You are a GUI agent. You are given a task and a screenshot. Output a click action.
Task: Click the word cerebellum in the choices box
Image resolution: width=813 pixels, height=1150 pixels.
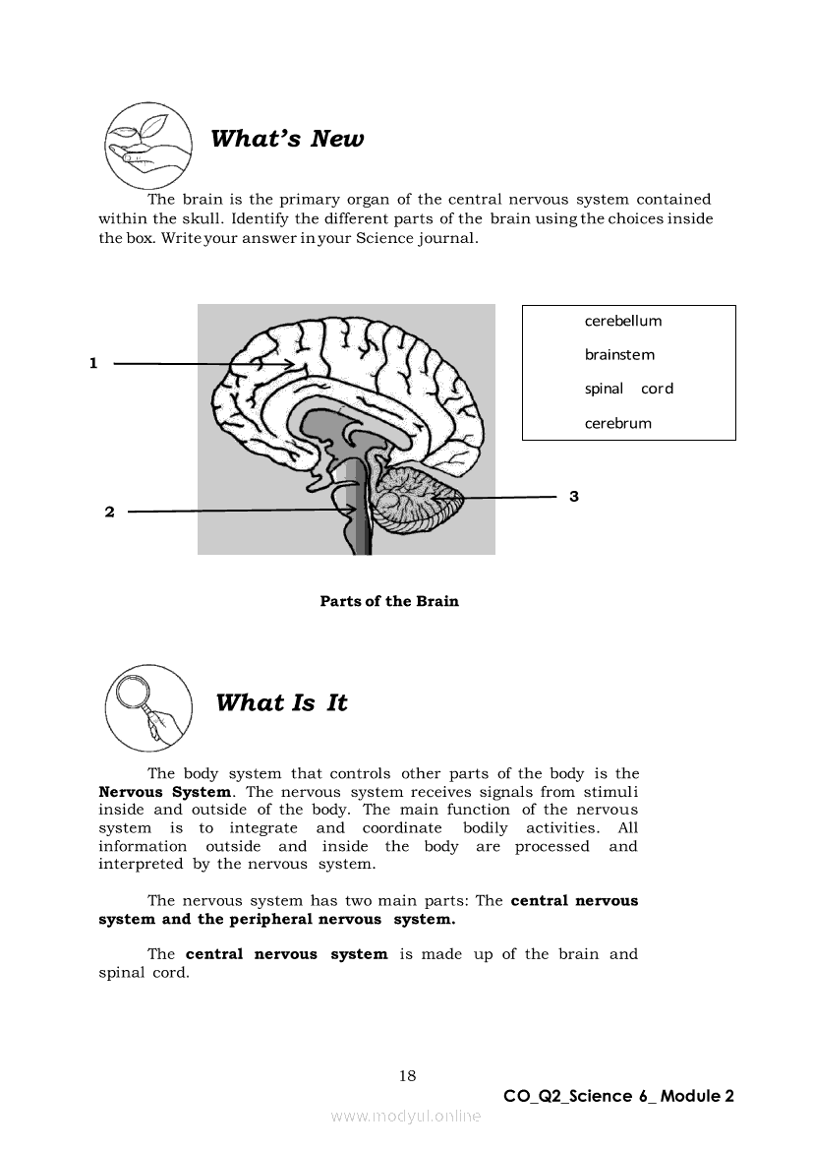point(623,321)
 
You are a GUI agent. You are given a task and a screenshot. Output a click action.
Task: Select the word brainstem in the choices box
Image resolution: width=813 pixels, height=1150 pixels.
point(619,355)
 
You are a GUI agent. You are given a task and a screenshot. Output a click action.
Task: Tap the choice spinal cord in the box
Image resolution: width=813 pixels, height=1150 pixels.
point(629,389)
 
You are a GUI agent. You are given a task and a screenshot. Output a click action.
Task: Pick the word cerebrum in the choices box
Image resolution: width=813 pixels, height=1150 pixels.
point(618,424)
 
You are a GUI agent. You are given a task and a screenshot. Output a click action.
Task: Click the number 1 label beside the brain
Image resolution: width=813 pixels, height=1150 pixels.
point(93,363)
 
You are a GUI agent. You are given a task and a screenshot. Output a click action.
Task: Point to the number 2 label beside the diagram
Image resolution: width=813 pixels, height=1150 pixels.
point(109,512)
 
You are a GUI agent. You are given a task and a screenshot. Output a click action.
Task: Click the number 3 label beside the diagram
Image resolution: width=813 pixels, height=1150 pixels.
point(574,497)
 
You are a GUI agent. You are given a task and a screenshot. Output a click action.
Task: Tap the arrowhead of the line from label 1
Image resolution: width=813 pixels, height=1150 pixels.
point(291,364)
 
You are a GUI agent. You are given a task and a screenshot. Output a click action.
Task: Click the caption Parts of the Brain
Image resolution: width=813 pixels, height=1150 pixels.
point(389,601)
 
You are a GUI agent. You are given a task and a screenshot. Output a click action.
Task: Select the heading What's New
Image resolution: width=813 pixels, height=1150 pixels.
point(287,139)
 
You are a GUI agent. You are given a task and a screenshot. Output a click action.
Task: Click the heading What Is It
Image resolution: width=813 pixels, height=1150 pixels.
point(281,703)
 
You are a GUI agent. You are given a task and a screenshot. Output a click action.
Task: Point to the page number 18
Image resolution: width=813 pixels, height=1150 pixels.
point(407,1076)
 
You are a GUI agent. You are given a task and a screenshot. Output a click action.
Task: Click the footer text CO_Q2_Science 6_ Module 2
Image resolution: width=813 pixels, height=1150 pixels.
point(618,1097)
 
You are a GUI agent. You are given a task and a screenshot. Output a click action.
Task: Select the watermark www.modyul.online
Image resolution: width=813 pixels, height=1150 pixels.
point(406,1116)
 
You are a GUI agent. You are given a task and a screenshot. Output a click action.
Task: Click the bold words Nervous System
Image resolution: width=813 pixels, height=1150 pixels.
point(165,792)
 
